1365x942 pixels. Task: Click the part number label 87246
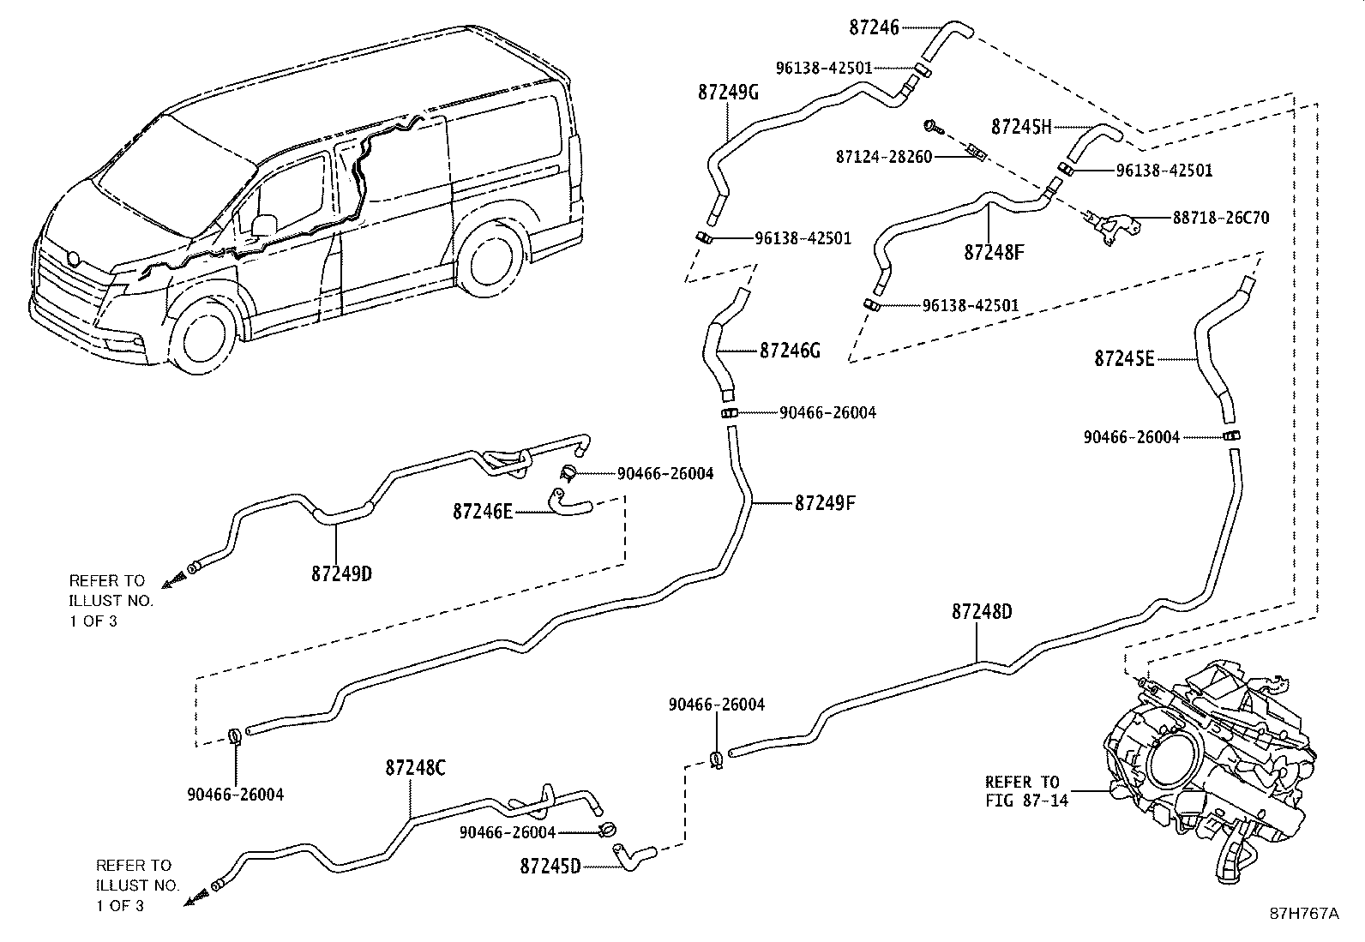pyautogui.click(x=874, y=27)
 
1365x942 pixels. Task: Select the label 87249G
pyautogui.click(x=728, y=93)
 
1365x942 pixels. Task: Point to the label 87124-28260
pyautogui.click(x=884, y=158)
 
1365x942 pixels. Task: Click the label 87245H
pyautogui.click(x=1020, y=127)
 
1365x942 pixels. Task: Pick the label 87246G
pyautogui.click(x=791, y=351)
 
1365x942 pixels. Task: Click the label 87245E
pyautogui.click(x=1124, y=358)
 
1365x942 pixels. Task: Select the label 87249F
pyautogui.click(x=825, y=502)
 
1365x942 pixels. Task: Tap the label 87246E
pyautogui.click(x=483, y=512)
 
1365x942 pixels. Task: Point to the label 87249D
pyautogui.click(x=341, y=573)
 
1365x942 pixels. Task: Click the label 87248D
pyautogui.click(x=982, y=612)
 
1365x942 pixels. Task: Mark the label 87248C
pyautogui.click(x=415, y=768)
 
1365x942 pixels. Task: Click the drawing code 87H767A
pyautogui.click(x=1304, y=914)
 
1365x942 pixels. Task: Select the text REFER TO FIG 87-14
pyautogui.click(x=1022, y=791)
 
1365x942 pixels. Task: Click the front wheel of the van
pyautogui.click(x=204, y=339)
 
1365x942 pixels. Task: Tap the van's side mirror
pyautogui.click(x=265, y=225)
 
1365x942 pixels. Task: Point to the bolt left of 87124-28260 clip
pyautogui.click(x=932, y=128)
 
